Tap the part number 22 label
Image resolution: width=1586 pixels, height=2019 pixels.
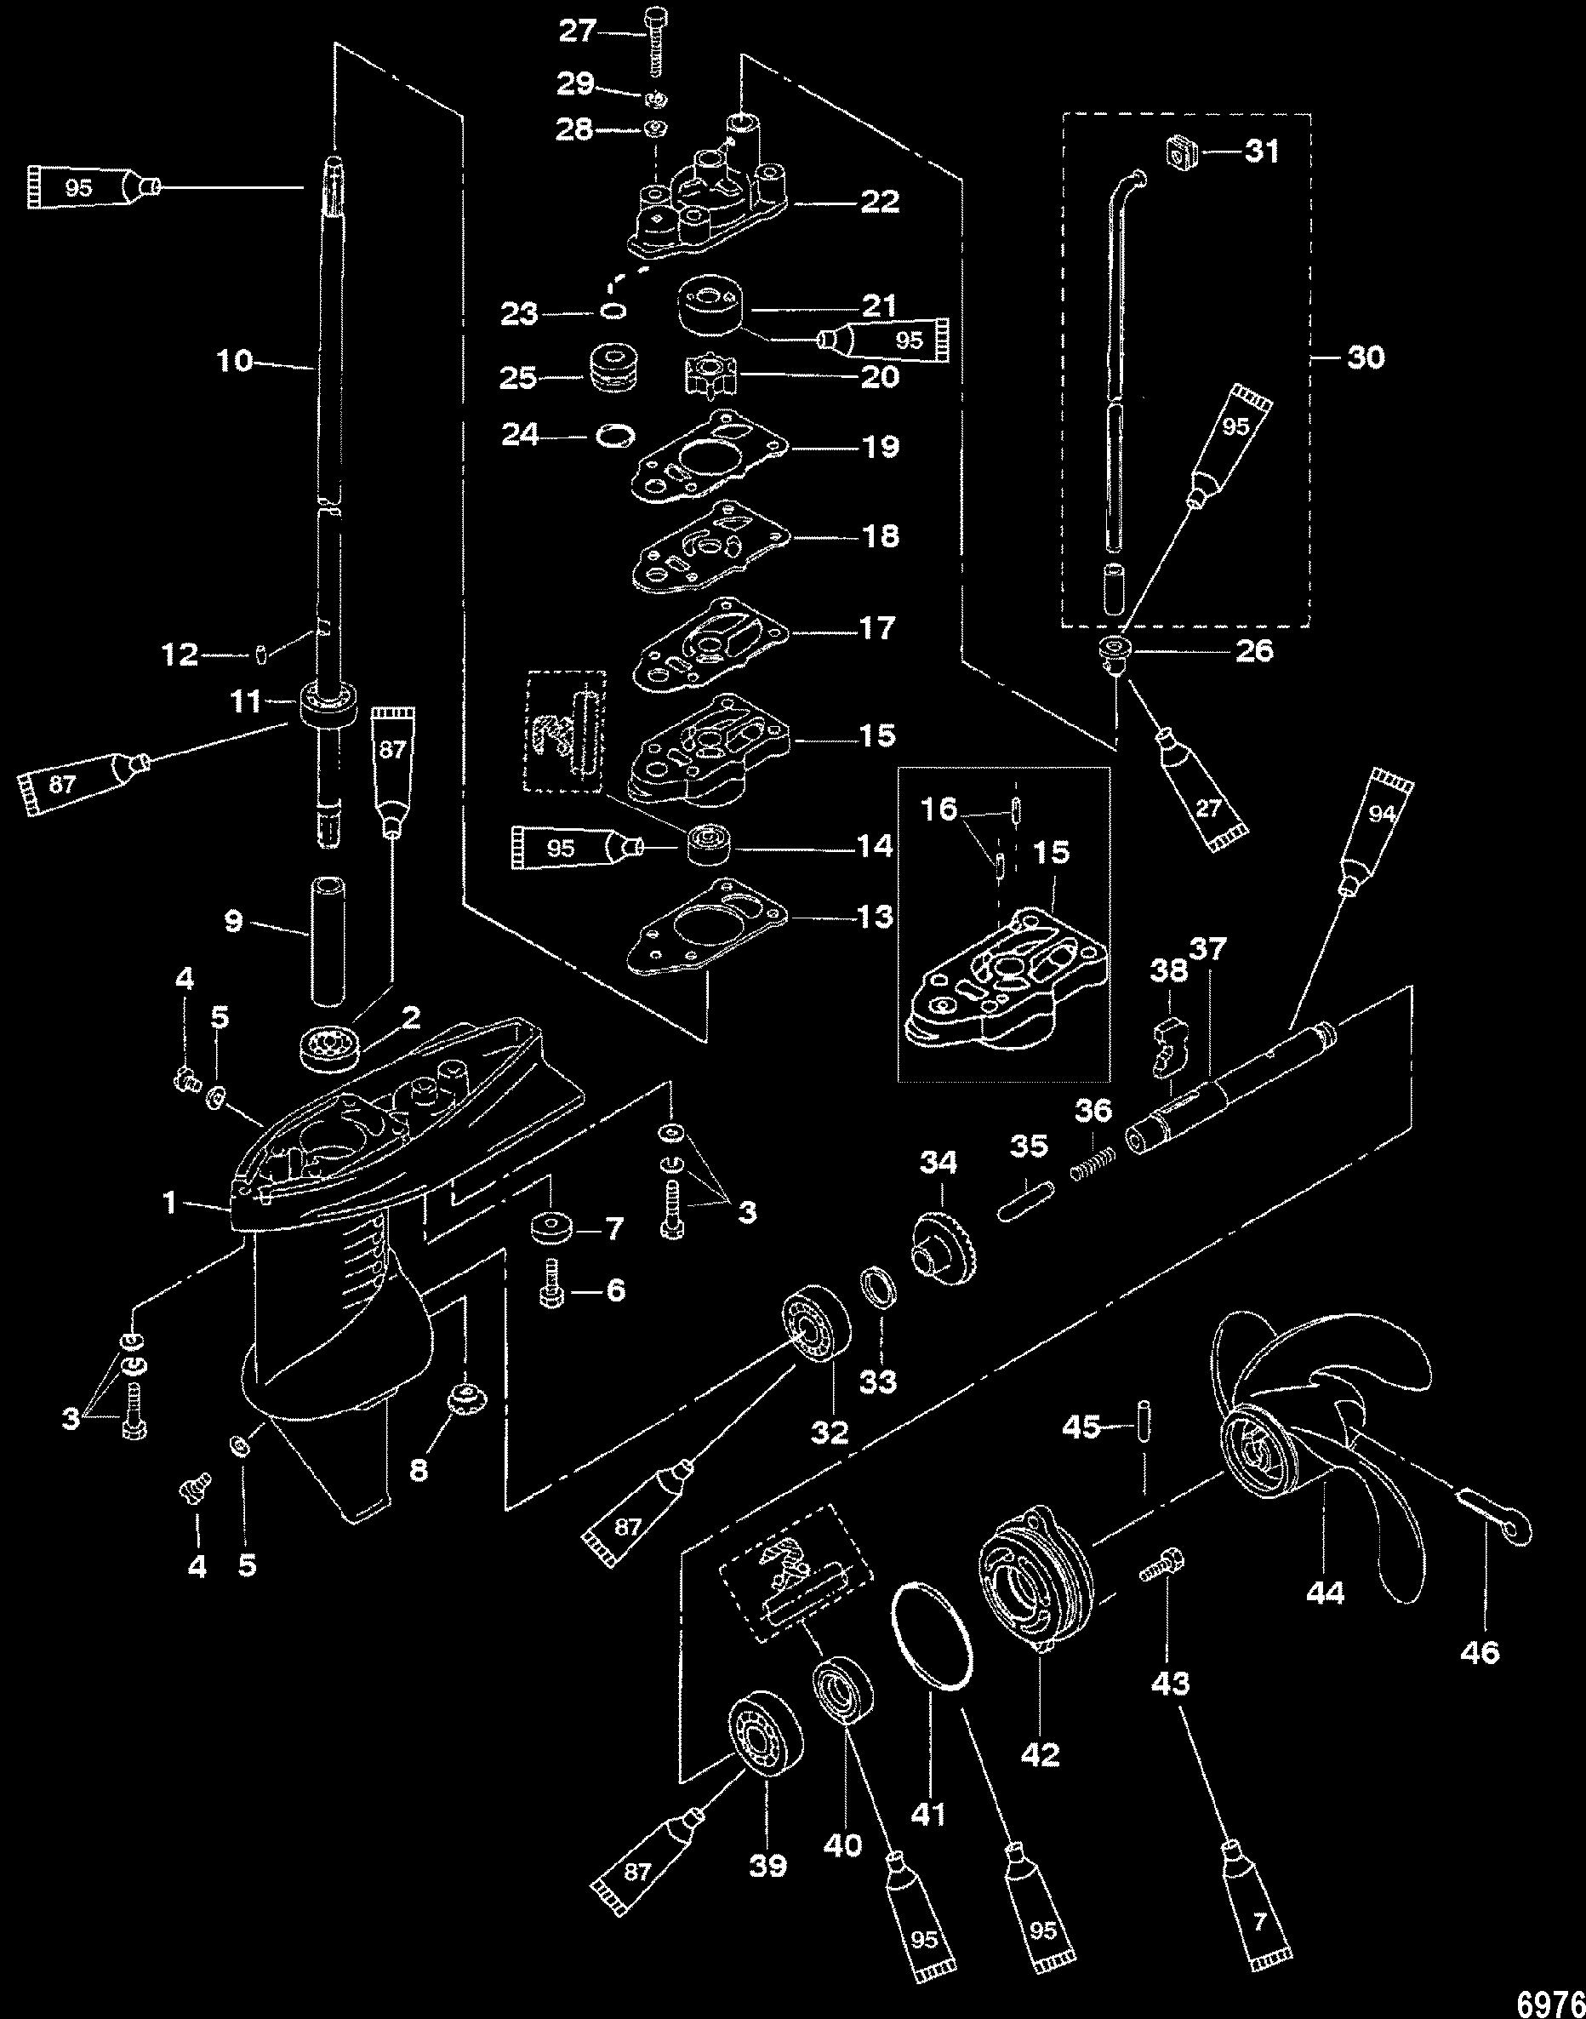click(879, 201)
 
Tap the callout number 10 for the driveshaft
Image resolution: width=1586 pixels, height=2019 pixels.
click(235, 360)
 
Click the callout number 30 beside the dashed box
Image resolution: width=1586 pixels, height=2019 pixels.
click(1365, 357)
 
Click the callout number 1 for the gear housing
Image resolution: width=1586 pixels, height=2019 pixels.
click(169, 1204)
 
